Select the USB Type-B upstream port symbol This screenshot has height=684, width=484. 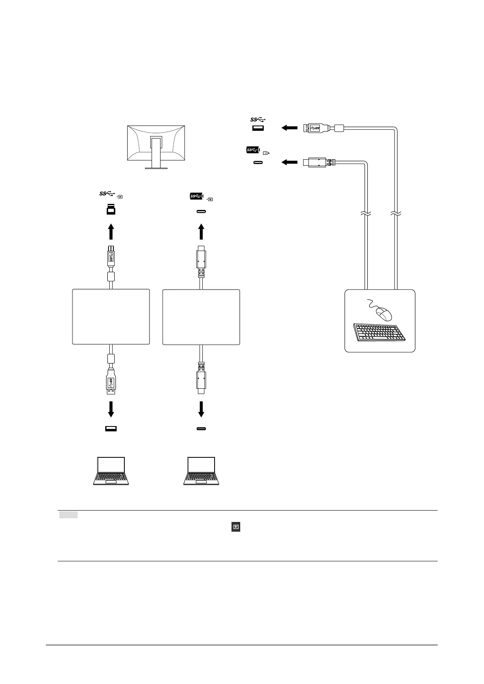pos(111,210)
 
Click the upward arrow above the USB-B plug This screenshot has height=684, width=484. pos(111,232)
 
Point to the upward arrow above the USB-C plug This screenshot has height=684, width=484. pos(201,232)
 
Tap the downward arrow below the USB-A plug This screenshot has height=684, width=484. pos(111,409)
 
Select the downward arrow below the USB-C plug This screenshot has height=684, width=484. pos(201,409)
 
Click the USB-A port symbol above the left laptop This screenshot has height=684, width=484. pos(111,429)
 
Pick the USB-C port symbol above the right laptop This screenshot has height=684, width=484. pos(201,429)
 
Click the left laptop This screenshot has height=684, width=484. pos(111,471)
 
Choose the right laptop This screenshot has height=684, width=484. pos(201,471)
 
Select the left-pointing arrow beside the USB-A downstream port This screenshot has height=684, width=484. pos(289,128)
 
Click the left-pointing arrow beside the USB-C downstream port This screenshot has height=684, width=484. pos(289,162)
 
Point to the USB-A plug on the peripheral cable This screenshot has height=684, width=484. pos(313,128)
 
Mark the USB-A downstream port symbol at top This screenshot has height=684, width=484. pos(258,128)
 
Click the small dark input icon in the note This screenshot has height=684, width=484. pos(236,527)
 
